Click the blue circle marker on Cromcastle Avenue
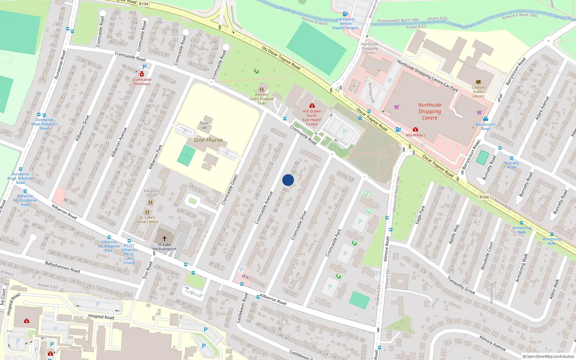coord(288,180)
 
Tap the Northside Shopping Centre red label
coord(429,111)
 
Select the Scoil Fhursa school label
coord(208,140)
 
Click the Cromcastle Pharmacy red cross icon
coord(142,74)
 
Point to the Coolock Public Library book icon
coord(478,82)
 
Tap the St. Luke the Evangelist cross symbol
coord(165,239)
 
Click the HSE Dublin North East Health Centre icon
coord(312,106)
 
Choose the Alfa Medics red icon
coord(415,130)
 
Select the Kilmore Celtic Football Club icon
coord(262,89)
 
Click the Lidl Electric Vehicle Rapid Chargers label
coord(345,24)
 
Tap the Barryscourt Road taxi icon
coord(485,119)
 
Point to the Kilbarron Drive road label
coord(82,128)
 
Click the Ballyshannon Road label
coord(62,267)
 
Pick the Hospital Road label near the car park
coord(101,317)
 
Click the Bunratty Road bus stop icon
coord(511,158)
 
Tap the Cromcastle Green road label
coord(230,190)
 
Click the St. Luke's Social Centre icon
coord(147,212)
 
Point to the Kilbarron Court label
coord(152,193)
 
